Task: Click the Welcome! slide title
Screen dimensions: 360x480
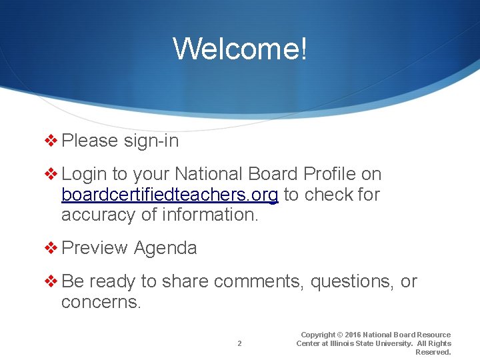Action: coord(240,49)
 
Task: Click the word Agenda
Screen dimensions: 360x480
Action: coord(165,249)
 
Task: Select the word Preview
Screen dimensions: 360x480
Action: coord(95,249)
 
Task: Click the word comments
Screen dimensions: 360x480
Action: coord(258,282)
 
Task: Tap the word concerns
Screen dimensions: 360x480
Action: coord(101,302)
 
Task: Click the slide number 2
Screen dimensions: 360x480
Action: coord(239,344)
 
